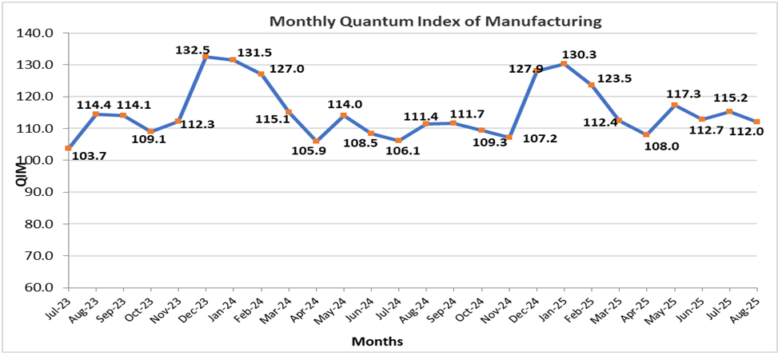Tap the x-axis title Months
[x=377, y=342]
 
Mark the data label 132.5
[x=193, y=50]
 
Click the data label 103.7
[x=89, y=156]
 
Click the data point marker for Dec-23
[x=205, y=57]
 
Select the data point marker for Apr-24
[x=316, y=142]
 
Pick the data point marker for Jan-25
[x=564, y=64]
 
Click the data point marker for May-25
[x=674, y=105]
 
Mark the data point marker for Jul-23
[x=68, y=148]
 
